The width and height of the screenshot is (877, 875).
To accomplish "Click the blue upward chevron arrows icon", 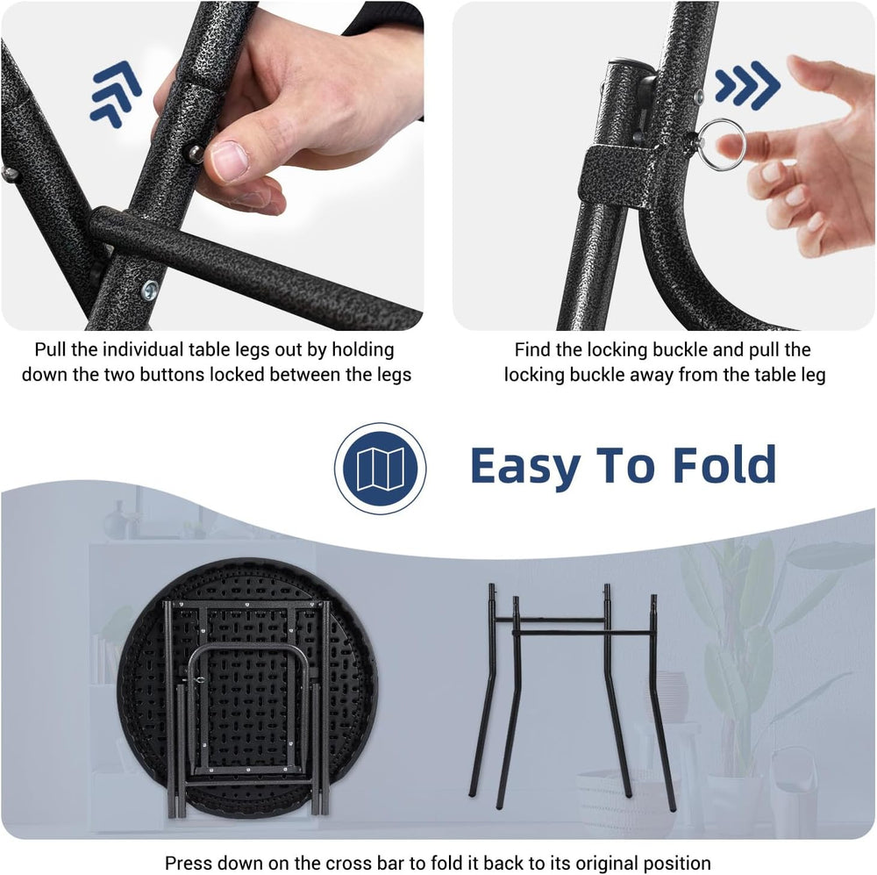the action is tap(116, 94).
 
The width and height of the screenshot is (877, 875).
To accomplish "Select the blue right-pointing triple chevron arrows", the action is tap(748, 85).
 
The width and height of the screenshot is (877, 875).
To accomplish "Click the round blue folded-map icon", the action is tap(381, 468).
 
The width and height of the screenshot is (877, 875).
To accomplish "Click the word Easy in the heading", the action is tap(525, 466).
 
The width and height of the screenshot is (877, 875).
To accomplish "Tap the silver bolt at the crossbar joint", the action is tap(149, 290).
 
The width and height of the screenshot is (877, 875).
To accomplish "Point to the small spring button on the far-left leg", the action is tap(10, 174).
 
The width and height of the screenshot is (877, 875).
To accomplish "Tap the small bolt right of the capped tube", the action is tap(699, 97).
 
